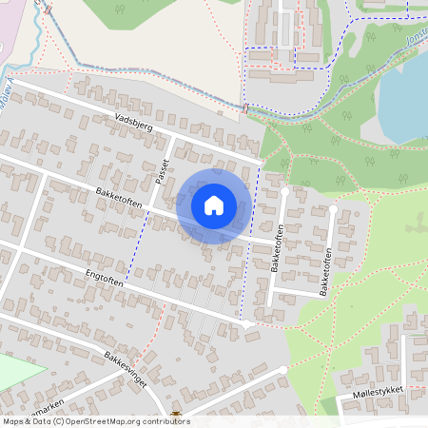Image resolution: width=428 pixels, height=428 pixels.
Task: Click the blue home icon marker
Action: pyautogui.click(x=214, y=205)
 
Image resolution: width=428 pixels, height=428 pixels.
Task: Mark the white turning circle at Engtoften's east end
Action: pyautogui.click(x=248, y=325)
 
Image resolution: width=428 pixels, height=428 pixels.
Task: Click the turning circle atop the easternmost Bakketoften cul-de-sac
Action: pyautogui.click(x=334, y=207)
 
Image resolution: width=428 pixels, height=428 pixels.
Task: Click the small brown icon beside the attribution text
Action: pyautogui.click(x=177, y=415)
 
